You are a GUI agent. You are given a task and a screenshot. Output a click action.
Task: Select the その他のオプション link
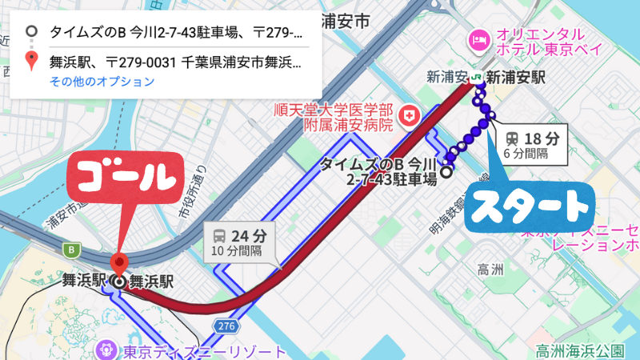102,82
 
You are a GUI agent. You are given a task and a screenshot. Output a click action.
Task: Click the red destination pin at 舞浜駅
119,263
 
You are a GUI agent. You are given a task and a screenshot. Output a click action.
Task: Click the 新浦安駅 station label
515,78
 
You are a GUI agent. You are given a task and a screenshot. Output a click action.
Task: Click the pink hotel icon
480,38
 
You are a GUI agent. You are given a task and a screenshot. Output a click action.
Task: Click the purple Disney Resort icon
106,350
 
